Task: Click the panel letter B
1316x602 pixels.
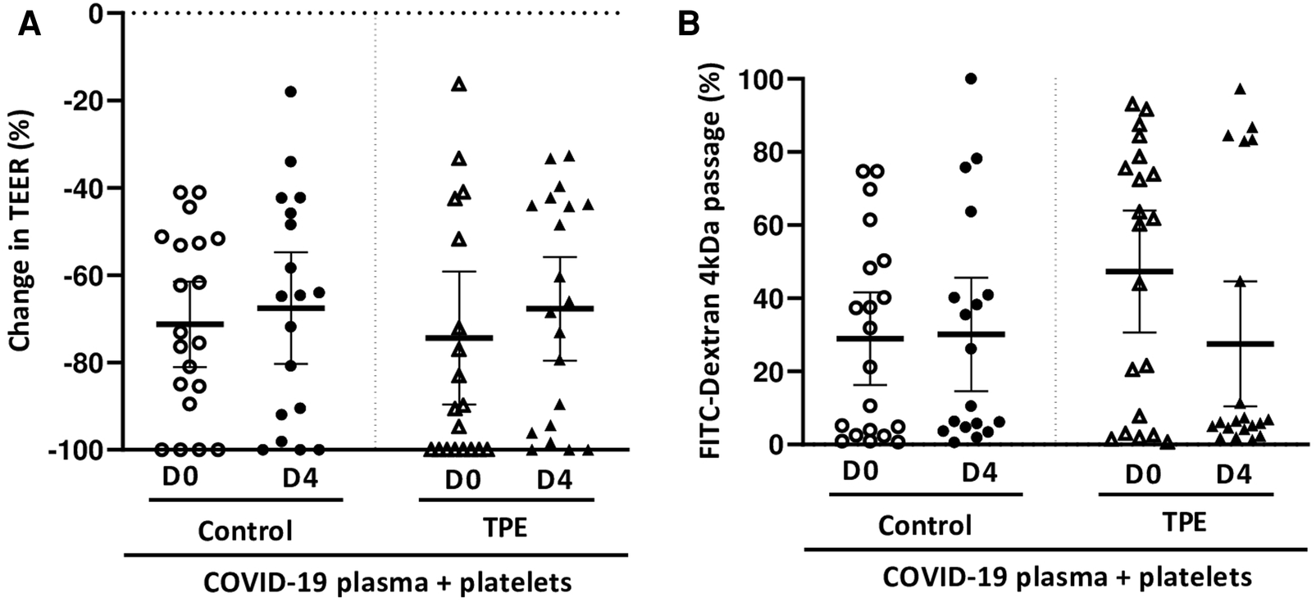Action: (688, 25)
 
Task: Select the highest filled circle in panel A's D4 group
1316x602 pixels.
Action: (290, 92)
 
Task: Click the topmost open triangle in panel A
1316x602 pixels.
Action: (459, 84)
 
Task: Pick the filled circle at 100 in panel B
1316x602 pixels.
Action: (972, 79)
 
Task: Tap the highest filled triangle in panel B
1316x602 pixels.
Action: (1240, 88)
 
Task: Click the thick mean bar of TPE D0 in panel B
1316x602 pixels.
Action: (1139, 271)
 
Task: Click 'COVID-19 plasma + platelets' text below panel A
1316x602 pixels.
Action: (386, 582)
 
